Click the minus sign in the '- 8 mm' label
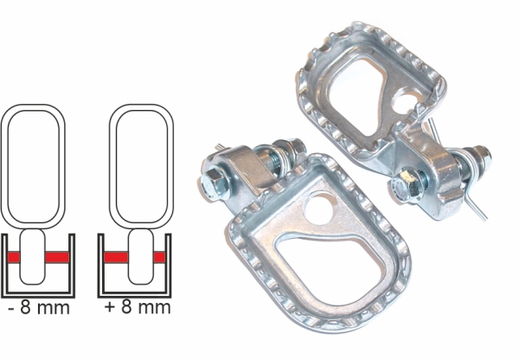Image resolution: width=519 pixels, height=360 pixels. coord(11,308)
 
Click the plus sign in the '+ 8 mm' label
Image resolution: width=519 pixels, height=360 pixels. coord(109,307)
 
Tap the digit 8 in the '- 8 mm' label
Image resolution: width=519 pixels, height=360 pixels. coord(25,307)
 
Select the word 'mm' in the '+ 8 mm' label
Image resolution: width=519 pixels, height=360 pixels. coord(154,308)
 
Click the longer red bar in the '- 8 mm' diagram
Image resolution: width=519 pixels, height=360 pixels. coord(57,257)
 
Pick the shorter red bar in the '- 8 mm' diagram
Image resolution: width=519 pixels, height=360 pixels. coord(14,257)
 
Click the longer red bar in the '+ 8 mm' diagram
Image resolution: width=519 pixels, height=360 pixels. coord(116,257)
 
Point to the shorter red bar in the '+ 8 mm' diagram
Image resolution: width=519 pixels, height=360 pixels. coord(159,257)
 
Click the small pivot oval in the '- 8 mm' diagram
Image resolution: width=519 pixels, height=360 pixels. coord(33,257)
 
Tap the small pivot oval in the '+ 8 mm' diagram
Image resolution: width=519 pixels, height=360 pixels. coord(141,257)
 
